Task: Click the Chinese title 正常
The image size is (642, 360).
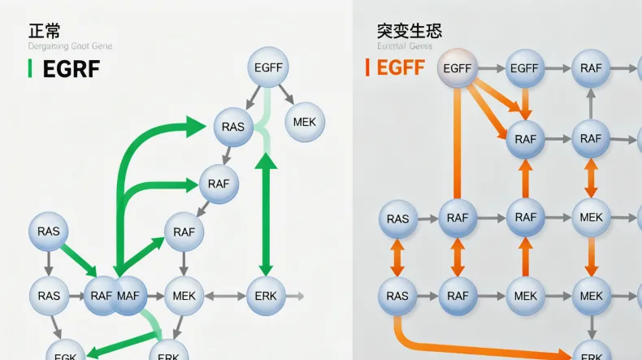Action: click(x=45, y=32)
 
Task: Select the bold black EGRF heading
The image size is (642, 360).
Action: click(x=71, y=69)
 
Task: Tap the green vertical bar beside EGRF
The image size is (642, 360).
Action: click(x=30, y=69)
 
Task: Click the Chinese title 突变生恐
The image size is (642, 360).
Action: click(x=409, y=32)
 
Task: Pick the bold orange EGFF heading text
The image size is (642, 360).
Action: click(x=401, y=67)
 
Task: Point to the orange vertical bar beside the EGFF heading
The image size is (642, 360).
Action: click(x=367, y=67)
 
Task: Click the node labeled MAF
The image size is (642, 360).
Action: click(x=128, y=296)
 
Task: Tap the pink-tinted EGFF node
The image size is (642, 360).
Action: click(x=458, y=69)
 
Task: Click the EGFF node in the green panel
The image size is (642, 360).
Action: click(x=268, y=67)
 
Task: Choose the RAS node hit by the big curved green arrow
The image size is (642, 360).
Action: click(x=233, y=127)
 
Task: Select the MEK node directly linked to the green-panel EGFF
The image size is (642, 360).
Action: click(x=306, y=122)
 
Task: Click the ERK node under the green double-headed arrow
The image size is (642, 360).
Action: click(x=264, y=296)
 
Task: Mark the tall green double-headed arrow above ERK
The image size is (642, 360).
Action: click(x=266, y=215)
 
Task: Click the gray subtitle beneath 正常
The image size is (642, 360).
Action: click(x=70, y=46)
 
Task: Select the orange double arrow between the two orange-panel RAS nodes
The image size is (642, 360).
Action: click(x=397, y=258)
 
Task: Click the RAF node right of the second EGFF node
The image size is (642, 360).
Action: click(x=591, y=68)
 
